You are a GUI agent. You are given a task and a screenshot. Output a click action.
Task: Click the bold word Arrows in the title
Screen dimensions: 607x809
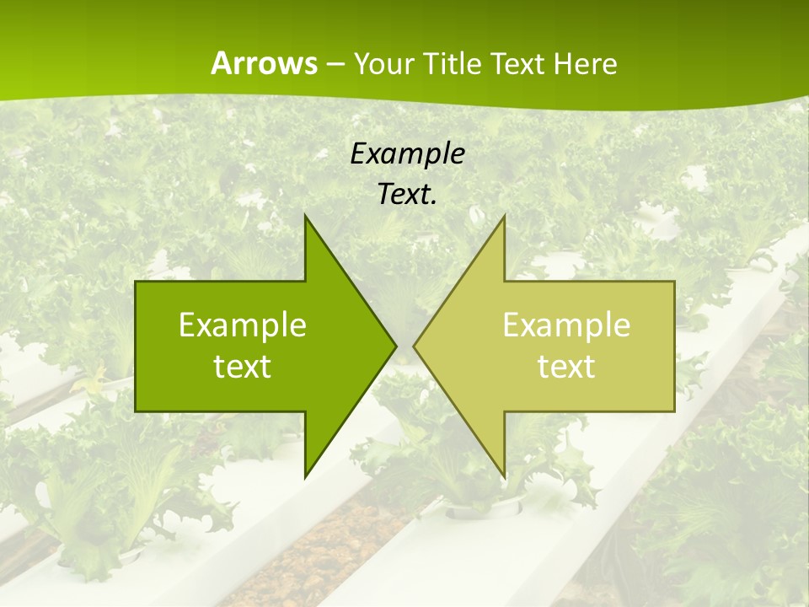(x=263, y=63)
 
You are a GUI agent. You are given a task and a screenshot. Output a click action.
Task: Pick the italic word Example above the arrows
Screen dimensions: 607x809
(x=407, y=153)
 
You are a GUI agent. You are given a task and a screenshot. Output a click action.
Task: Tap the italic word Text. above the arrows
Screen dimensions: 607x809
(x=407, y=195)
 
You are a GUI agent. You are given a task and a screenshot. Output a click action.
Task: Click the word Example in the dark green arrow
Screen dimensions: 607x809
(x=243, y=325)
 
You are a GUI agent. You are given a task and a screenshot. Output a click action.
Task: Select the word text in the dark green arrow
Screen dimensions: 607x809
(x=243, y=366)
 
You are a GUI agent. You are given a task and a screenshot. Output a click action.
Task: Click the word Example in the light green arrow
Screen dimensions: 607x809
(x=566, y=325)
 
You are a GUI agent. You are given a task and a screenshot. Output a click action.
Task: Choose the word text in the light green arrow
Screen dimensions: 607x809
(x=566, y=366)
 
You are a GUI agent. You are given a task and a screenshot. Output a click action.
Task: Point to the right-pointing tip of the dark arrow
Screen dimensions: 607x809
(x=394, y=346)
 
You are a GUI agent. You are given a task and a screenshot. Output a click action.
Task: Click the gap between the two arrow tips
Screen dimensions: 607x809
(x=405, y=346)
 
